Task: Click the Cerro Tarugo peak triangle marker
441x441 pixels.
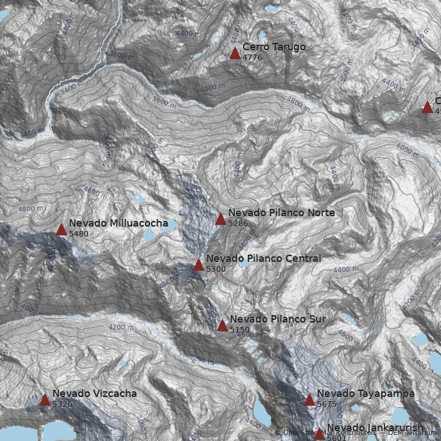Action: tap(235, 53)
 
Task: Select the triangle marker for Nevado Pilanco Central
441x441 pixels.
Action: tap(198, 265)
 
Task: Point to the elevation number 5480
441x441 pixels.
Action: tap(79, 234)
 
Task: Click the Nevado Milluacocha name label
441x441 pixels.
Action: tap(118, 223)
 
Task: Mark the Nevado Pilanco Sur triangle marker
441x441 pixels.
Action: tap(222, 326)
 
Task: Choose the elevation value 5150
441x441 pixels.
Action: tap(240, 330)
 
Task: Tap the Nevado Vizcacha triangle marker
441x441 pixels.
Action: tap(45, 400)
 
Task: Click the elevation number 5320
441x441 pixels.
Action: tap(62, 404)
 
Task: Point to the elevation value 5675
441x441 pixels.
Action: tap(327, 404)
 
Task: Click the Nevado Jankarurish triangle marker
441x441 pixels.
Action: tap(319, 434)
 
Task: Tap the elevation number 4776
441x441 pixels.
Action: tap(252, 57)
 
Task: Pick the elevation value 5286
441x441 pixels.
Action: tap(238, 223)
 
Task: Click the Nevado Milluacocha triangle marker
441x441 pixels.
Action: tap(61, 229)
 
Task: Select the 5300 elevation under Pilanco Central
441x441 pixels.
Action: tap(216, 269)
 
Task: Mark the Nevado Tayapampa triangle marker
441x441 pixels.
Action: tap(309, 400)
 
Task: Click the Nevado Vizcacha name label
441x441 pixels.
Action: tap(94, 394)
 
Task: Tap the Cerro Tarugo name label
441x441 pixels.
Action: tap(274, 47)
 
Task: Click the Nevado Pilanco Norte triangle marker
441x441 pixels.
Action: tap(220, 219)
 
